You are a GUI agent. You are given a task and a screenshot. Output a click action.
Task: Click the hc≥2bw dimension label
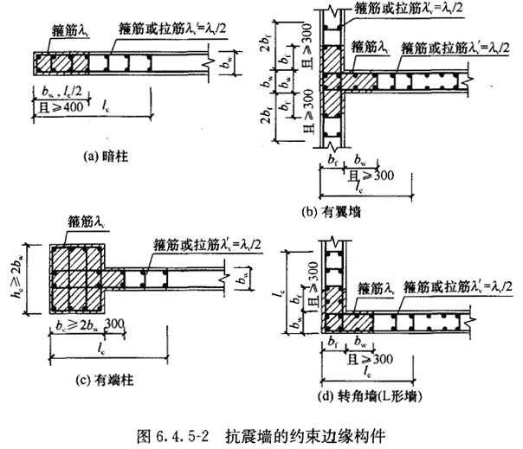click(19, 264)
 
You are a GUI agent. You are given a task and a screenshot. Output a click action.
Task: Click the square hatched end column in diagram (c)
click(76, 271)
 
